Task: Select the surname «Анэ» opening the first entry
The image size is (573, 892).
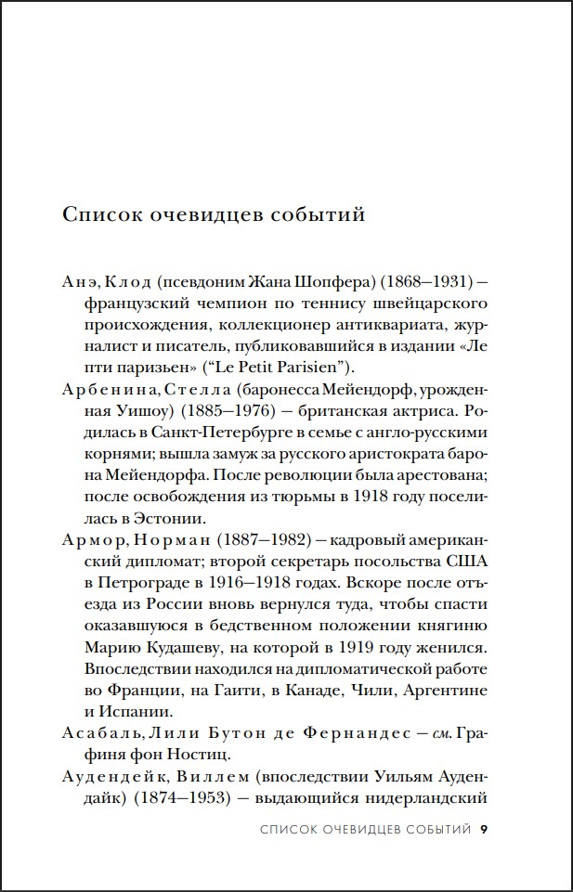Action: point(79,282)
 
